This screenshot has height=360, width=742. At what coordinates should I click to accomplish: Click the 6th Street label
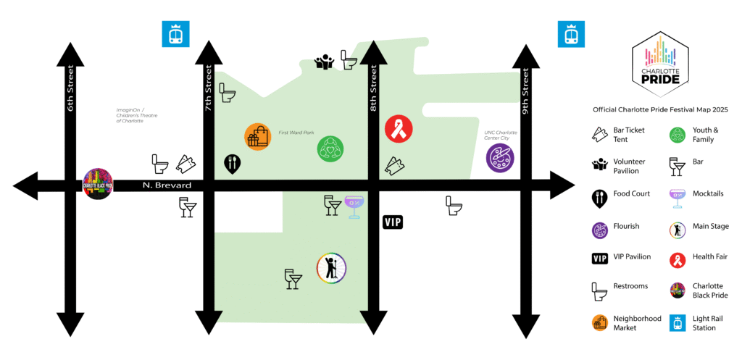tap(70, 88)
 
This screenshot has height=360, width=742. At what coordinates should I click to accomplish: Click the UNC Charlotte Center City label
tap(501, 135)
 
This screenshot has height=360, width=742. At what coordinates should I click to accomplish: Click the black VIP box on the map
tap(392, 222)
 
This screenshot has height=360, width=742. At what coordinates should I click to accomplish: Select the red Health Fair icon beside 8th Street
tap(399, 129)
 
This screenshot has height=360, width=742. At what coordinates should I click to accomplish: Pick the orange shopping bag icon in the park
tap(258, 137)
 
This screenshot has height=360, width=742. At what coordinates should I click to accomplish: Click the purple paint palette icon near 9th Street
tap(500, 158)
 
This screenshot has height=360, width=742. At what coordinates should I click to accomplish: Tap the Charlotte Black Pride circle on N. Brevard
tap(98, 183)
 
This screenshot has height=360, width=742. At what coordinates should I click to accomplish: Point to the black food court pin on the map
tap(233, 164)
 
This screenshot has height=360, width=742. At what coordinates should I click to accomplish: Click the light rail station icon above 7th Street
tap(175, 33)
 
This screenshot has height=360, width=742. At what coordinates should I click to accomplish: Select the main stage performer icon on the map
tap(332, 268)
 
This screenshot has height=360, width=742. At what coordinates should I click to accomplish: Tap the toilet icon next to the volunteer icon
tap(349, 59)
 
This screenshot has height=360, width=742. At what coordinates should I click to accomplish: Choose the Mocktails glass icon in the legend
tap(678, 198)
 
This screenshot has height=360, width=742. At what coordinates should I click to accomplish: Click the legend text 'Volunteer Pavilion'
tap(629, 166)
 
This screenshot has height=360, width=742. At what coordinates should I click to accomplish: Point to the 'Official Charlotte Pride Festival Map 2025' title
tap(660, 109)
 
